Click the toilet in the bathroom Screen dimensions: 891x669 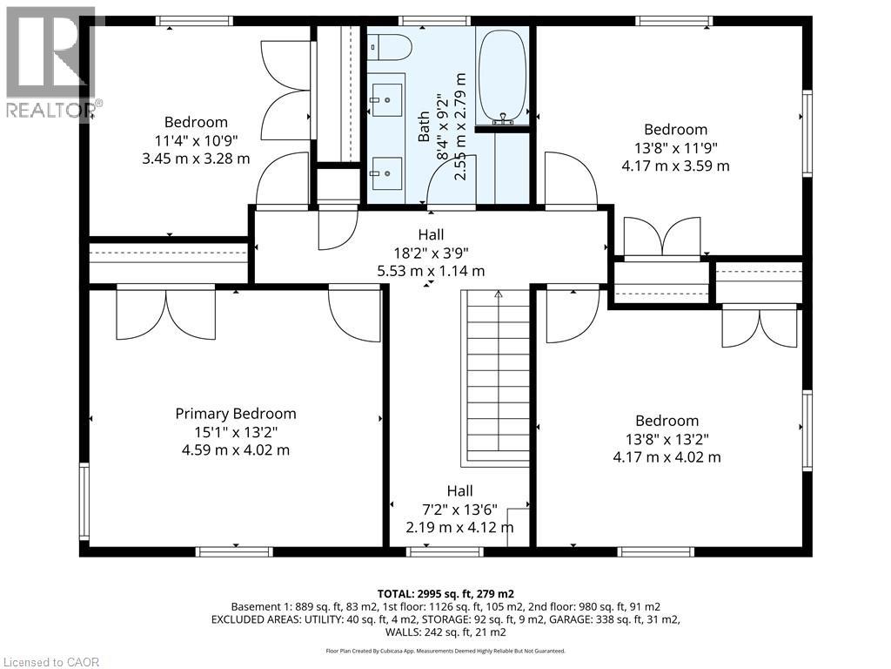389,47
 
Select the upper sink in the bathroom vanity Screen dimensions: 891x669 387,99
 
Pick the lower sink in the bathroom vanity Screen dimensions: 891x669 387,173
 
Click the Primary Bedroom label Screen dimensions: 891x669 235,414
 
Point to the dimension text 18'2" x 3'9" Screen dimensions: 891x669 431,253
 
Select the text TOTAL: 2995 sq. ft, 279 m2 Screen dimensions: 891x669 445,594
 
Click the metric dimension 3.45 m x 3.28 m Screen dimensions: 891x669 196,159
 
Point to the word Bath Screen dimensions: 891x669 424,126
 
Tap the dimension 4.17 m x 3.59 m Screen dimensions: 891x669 675,166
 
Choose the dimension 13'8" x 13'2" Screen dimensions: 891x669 667,439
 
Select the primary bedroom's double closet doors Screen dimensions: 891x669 166,314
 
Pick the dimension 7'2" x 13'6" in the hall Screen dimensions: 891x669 459,509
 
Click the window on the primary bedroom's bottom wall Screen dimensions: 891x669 234,551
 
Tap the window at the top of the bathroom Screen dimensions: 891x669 434,21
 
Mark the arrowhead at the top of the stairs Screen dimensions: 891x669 499,294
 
